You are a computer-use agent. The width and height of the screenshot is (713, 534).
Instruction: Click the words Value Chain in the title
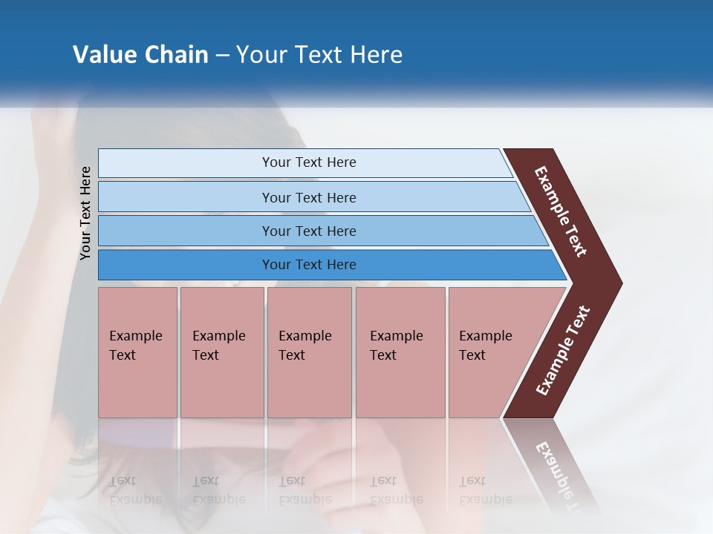coord(140,55)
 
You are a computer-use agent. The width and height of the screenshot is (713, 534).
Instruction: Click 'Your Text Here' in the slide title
coord(319,55)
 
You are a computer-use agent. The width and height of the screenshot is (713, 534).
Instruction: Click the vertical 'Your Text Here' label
coord(85,214)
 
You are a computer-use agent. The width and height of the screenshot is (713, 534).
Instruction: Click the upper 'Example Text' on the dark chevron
coord(561,211)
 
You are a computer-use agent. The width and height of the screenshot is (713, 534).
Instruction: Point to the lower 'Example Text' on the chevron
coord(563,351)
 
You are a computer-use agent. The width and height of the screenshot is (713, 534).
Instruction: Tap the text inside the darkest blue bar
coord(309,265)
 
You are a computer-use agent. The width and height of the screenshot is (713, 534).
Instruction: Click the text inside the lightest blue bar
coord(309,162)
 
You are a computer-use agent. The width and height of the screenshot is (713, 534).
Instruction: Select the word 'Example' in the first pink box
coord(135,336)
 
